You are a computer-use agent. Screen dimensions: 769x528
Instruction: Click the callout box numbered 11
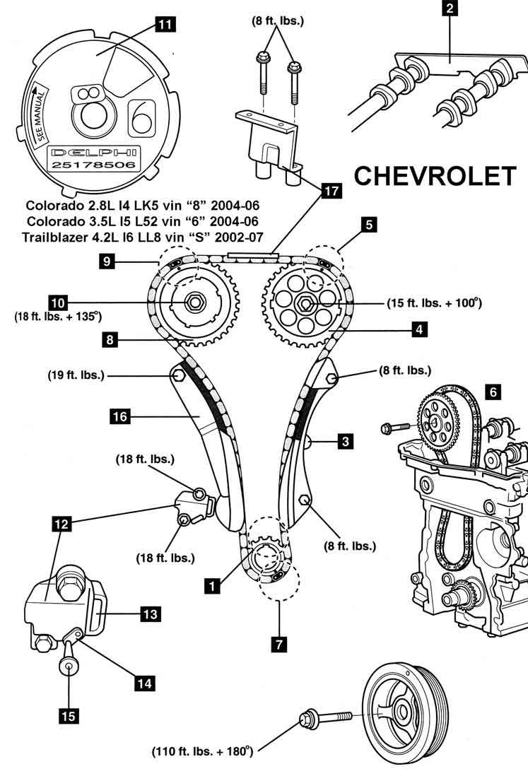click(164, 25)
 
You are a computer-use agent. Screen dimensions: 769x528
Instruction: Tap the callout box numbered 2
click(450, 9)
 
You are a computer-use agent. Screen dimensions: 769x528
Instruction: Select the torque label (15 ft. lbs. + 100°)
click(434, 303)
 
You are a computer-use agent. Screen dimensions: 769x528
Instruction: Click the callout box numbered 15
click(68, 715)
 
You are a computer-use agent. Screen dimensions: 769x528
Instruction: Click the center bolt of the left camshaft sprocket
click(192, 304)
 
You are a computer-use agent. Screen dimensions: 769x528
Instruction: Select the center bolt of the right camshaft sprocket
click(306, 304)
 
